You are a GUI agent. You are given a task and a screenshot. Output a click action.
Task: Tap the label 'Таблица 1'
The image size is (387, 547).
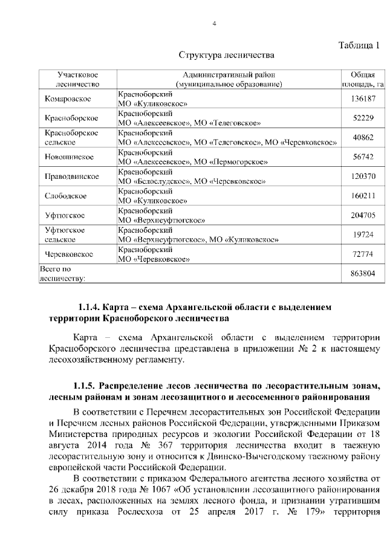point(360,44)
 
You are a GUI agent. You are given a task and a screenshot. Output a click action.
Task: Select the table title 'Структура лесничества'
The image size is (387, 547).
point(227,56)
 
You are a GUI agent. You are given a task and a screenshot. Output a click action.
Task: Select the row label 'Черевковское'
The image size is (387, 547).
point(69,254)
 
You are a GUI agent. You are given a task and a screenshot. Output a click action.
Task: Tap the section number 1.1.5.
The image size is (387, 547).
point(86,385)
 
